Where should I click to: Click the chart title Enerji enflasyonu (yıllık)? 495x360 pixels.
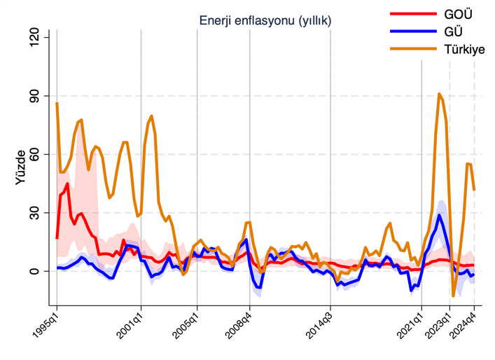[265, 21]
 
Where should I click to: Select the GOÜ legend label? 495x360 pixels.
[458, 13]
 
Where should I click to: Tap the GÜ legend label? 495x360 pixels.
[454, 31]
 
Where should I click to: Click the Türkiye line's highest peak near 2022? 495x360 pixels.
[439, 94]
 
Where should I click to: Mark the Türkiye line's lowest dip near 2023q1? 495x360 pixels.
[454, 296]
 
